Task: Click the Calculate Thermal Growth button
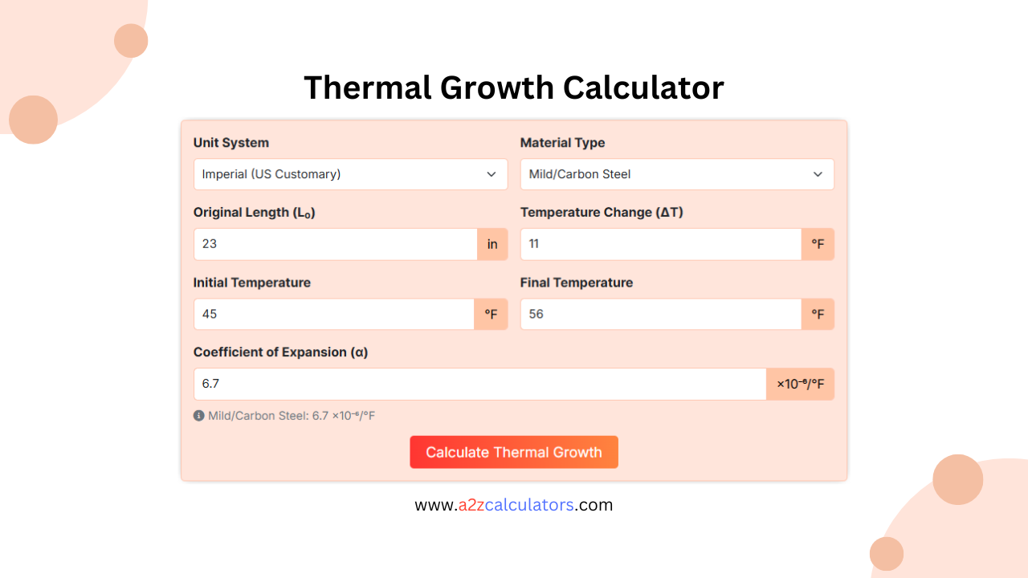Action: coord(514,452)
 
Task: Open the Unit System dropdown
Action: coord(350,174)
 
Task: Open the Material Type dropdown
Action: coord(677,174)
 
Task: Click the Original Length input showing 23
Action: coord(336,244)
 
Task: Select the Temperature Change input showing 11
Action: coord(661,244)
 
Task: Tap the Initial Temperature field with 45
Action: coord(334,314)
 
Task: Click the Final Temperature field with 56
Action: coord(661,314)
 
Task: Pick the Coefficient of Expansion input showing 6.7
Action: coord(480,384)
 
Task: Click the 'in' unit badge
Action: coord(492,244)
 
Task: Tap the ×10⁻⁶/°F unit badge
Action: coord(801,384)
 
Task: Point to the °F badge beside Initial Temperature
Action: coord(491,314)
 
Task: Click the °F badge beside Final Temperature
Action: coord(818,314)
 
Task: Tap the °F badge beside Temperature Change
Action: coord(818,244)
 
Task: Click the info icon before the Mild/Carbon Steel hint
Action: coord(199,416)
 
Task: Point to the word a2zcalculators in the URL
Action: coord(516,505)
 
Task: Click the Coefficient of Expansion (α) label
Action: coord(280,352)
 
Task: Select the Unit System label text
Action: coord(231,143)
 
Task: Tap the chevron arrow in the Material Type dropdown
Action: coord(818,174)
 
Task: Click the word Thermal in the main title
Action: coord(367,88)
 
